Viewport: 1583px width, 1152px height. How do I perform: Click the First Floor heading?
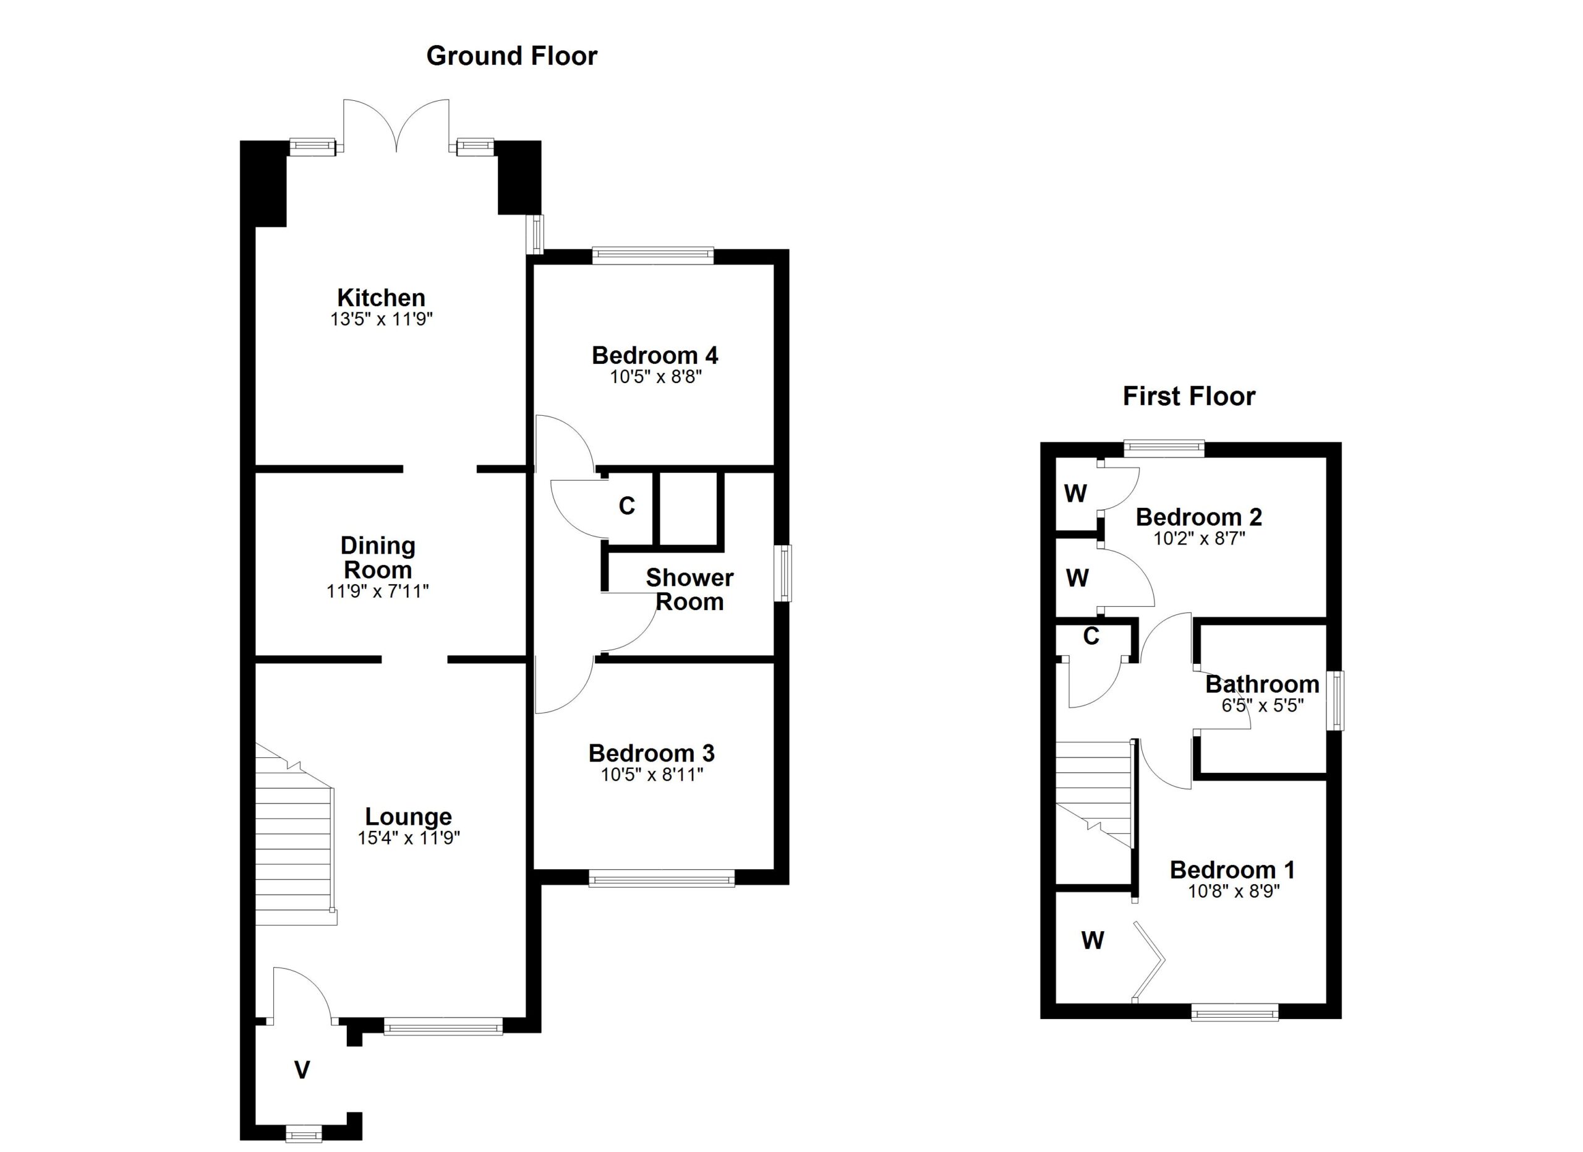click(1188, 397)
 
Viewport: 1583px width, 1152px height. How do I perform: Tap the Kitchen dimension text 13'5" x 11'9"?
click(381, 320)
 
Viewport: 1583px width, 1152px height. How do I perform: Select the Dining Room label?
click(378, 557)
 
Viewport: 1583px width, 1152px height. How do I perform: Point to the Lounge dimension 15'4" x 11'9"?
click(409, 838)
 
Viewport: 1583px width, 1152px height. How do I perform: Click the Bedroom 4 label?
click(655, 355)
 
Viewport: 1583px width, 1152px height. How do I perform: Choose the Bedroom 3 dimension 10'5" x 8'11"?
click(652, 774)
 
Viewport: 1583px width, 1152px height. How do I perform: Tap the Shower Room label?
click(689, 589)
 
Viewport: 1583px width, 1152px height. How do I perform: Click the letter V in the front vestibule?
click(302, 1070)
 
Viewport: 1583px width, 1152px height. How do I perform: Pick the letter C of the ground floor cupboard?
click(627, 505)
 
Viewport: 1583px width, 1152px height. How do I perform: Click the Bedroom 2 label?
click(1198, 517)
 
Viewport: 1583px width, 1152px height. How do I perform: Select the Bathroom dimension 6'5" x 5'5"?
click(1263, 706)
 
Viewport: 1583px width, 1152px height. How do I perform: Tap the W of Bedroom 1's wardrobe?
click(1092, 940)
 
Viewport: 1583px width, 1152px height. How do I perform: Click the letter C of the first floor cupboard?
click(1091, 636)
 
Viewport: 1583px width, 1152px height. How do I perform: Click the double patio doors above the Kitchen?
click(396, 126)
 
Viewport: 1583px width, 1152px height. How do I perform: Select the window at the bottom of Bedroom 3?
click(662, 879)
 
